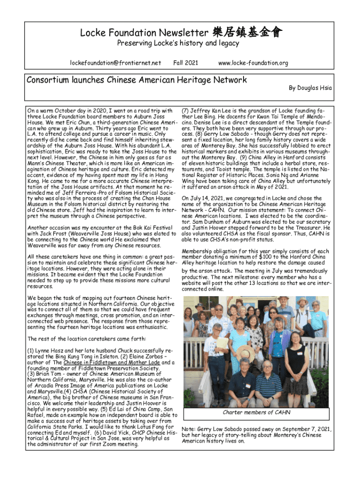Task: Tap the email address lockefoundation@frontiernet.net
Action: click(x=115, y=63)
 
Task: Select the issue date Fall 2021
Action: click(x=186, y=63)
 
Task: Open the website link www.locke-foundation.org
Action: click(x=253, y=63)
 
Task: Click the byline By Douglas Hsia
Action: click(x=310, y=87)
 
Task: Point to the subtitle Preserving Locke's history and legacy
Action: click(x=178, y=44)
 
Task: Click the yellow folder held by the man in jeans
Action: click(x=223, y=343)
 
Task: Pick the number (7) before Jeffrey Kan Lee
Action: click(x=185, y=110)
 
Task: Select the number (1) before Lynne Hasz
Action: click(x=31, y=350)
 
